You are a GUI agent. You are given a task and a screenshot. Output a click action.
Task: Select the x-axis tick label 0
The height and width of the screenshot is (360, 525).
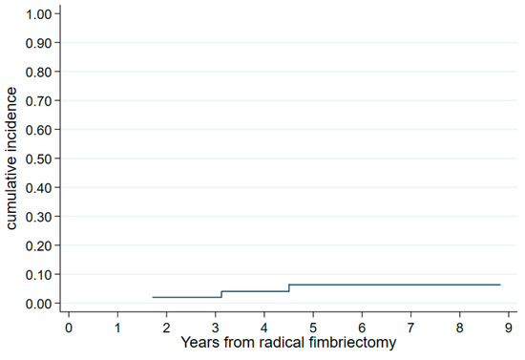coord(69,328)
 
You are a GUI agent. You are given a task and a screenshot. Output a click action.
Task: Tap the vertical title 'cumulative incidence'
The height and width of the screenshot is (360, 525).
coord(12,159)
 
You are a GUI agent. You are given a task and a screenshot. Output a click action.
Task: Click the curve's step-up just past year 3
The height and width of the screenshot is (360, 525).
coord(221,294)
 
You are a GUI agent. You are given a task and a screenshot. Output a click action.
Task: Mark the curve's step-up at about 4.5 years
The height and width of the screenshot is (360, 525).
coord(289,288)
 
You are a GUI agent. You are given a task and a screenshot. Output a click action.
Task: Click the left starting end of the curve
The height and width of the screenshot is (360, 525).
coord(152,297)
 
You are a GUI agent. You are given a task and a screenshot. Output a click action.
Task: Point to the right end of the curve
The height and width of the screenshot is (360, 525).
coord(499,285)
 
